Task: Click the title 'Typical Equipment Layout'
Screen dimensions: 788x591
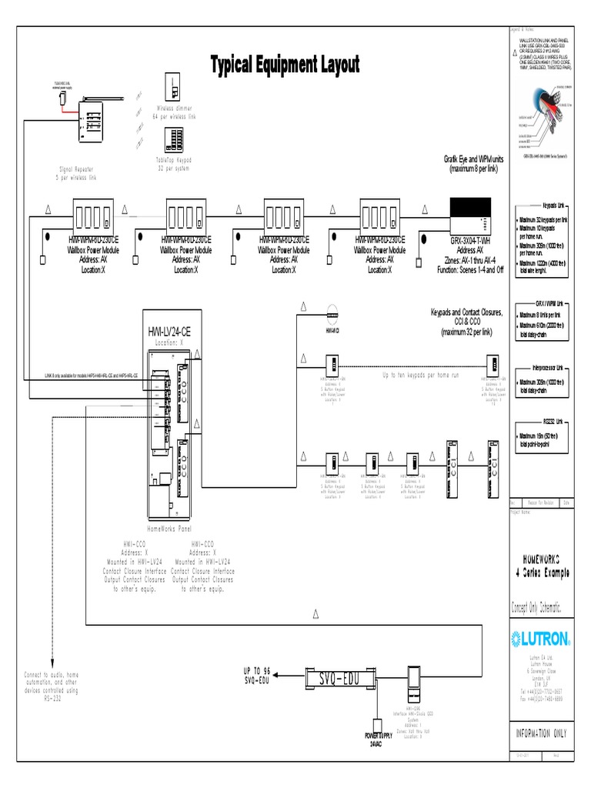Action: pos(285,65)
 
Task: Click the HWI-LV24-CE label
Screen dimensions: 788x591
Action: pos(170,332)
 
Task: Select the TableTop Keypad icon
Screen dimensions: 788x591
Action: pos(174,139)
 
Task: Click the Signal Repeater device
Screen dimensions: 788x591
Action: pos(91,122)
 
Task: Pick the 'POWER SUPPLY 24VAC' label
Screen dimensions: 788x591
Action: pos(378,739)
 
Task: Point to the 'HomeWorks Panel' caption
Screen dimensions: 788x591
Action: pos(168,530)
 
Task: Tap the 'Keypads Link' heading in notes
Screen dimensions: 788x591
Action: pos(554,206)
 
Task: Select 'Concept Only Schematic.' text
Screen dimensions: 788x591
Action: pos(540,608)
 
